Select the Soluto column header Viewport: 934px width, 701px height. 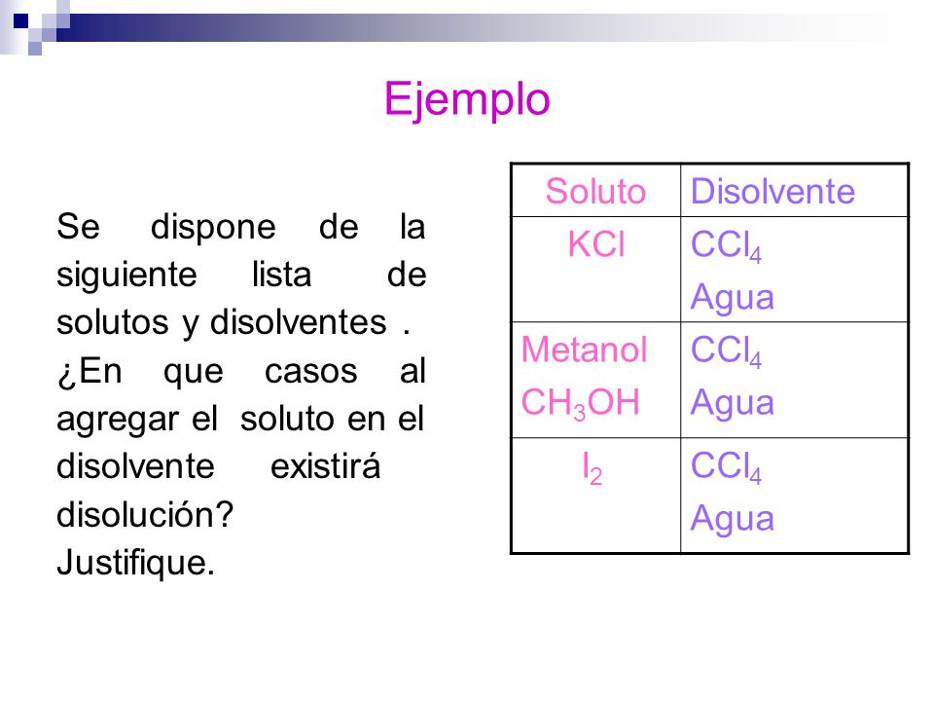pos(595,192)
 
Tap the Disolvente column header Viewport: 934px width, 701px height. pos(772,192)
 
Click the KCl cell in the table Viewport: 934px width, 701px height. pos(595,245)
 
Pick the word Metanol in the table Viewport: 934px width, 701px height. pos(584,350)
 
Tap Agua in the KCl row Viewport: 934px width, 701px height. pos(732,298)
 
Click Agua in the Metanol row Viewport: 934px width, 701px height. pos(732,403)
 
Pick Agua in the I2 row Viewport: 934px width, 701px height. pos(732,518)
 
